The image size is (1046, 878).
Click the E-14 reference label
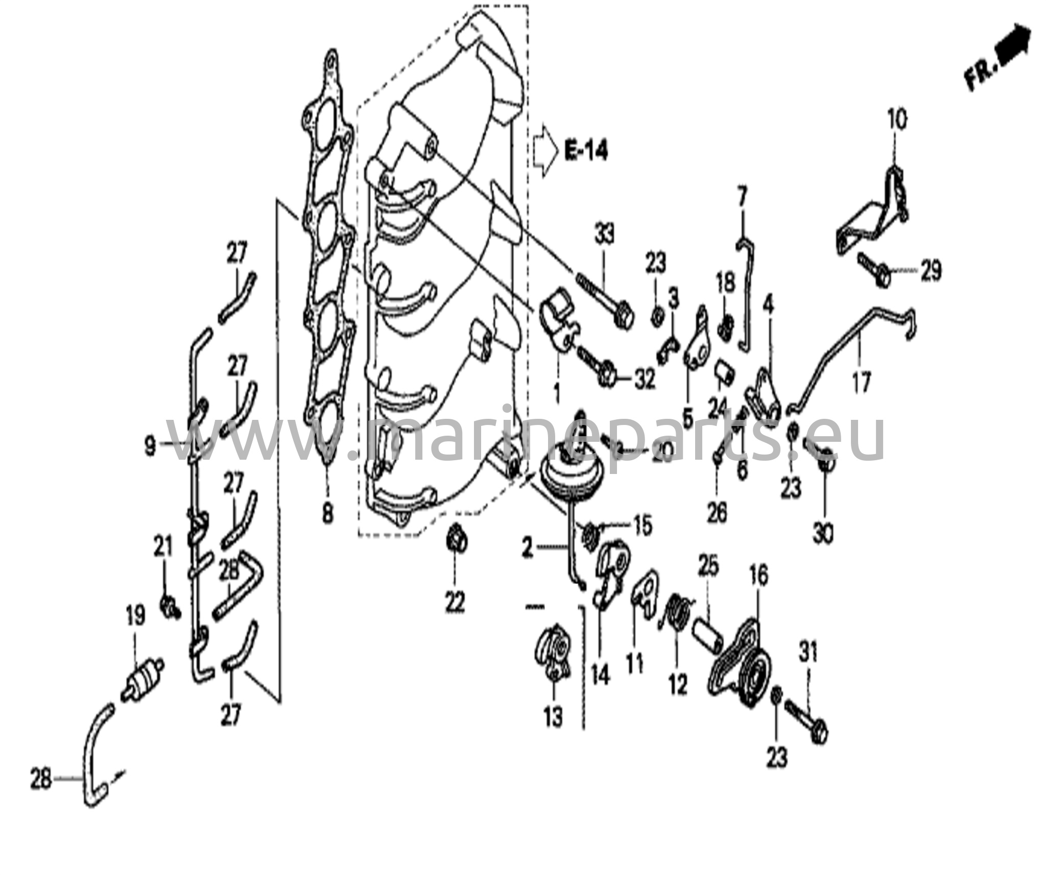(x=586, y=151)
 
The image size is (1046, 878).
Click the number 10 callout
(x=897, y=121)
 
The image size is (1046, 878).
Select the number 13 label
(x=553, y=717)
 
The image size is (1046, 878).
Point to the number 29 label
(x=930, y=271)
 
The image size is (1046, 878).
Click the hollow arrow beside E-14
(x=545, y=151)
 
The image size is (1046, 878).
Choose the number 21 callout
(x=163, y=550)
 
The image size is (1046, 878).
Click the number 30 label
(x=823, y=534)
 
